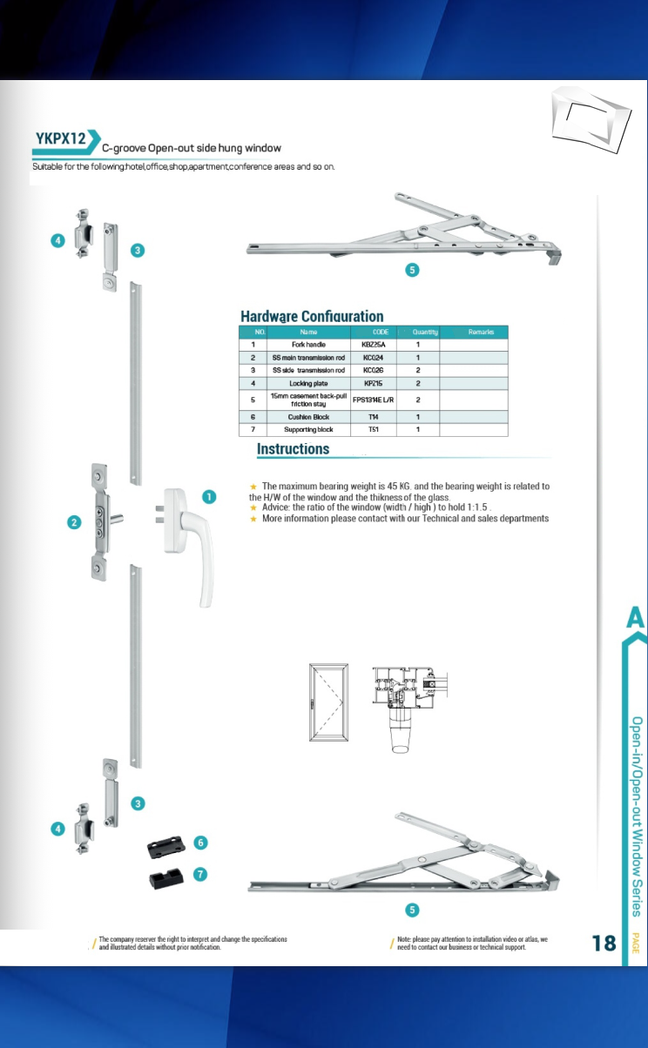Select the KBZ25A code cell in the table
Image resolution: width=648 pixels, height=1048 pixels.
374,345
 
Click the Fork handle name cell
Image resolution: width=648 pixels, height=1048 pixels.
308,345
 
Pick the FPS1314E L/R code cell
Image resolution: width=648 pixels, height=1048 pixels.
374,400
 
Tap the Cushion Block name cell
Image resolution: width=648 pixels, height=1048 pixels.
308,417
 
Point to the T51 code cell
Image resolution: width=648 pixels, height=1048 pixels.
374,430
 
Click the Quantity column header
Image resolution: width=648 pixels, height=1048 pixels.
424,332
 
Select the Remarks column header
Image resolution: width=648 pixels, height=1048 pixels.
481,332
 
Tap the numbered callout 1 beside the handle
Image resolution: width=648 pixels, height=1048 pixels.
210,496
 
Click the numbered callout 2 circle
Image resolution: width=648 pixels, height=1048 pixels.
75,522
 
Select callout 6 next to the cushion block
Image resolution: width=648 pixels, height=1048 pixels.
200,843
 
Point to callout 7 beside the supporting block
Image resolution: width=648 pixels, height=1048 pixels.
200,874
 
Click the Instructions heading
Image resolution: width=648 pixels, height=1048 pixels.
293,449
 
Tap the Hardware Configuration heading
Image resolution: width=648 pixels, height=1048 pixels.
312,317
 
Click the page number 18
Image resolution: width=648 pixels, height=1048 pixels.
604,943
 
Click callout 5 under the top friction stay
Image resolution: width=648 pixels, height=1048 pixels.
414,270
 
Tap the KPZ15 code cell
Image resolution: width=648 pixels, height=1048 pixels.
374,383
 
